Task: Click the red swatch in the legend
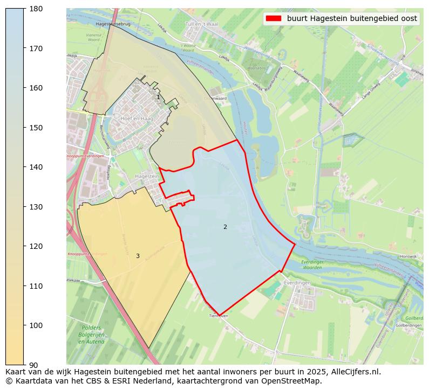pos(274,18)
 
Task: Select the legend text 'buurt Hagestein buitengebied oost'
pos(352,18)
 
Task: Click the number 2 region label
pos(225,227)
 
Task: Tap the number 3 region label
pos(138,256)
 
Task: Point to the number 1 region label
pos(158,97)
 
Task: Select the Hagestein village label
pos(147,176)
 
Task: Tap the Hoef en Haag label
pos(137,118)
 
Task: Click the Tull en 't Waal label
pos(201,24)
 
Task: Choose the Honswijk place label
pos(409,256)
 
